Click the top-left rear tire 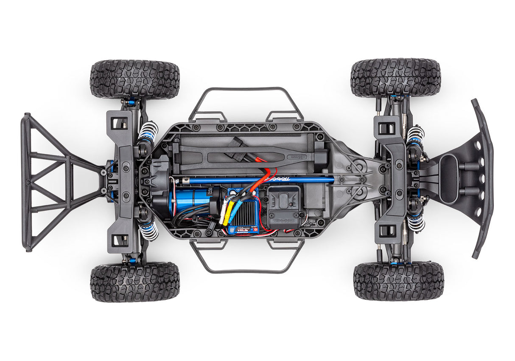[135, 79]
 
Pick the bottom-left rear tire [135, 282]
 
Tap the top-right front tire [395, 77]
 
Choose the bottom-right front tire [398, 281]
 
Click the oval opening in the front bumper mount [449, 179]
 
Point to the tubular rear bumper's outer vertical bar [27, 183]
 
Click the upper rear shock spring [148, 132]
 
